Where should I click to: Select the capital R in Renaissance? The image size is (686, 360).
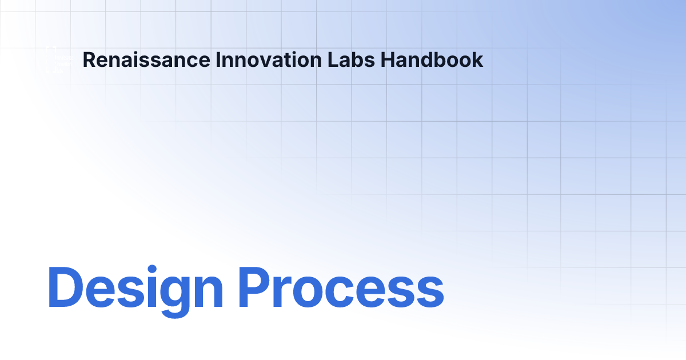[x=89, y=60]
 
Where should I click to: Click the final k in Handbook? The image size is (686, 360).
[x=477, y=60]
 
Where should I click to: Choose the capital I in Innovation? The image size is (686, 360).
[x=219, y=60]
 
